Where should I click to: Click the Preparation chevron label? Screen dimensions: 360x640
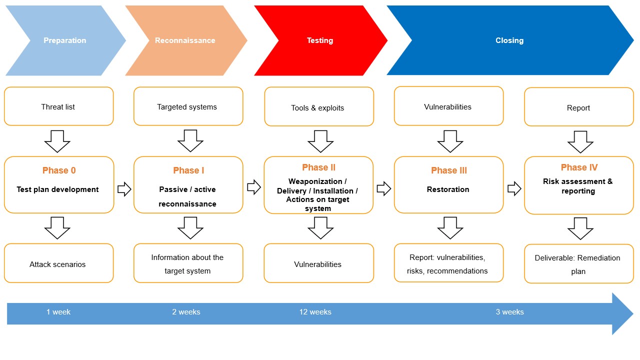[64, 40]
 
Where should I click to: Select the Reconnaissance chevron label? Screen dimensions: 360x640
[185, 40]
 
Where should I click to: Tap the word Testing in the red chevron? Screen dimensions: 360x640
[319, 40]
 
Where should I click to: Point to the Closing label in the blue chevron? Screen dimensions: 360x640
[509, 40]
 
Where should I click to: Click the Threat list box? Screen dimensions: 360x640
[58, 106]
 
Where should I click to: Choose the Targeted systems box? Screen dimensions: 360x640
[187, 106]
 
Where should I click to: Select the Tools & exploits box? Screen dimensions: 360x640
[318, 107]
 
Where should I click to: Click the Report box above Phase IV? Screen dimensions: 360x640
[578, 107]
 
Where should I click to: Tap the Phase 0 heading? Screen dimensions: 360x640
[59, 170]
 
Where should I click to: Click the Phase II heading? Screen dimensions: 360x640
[318, 167]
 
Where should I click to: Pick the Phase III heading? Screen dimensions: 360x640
[448, 170]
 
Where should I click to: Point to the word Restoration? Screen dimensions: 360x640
[448, 189]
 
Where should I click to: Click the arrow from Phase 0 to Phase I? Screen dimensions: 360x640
[124, 188]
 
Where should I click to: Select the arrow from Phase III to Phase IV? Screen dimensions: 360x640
[514, 188]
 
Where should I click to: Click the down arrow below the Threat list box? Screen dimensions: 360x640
[57, 141]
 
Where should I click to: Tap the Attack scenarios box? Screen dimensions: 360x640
[58, 263]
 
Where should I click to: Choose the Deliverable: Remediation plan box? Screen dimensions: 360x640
[578, 264]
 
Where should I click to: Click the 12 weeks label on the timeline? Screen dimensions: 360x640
[315, 312]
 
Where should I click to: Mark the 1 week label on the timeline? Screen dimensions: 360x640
[58, 312]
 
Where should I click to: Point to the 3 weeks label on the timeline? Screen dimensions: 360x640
[509, 312]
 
